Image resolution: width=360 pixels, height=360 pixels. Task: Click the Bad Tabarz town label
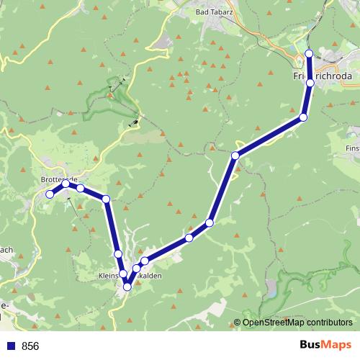coord(214,13)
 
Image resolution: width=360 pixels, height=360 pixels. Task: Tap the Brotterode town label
coord(60,180)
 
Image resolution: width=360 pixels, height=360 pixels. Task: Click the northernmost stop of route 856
coord(309,53)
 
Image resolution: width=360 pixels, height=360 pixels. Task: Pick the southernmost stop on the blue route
coord(127,287)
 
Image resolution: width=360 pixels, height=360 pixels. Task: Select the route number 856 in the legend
coord(31,346)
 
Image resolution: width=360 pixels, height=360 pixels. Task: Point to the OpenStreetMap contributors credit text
coord(297,323)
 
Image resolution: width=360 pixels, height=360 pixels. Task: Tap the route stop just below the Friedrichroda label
coord(310,83)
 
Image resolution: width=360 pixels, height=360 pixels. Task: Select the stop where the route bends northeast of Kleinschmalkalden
coord(235,156)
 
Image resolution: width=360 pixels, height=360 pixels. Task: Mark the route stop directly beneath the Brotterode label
coord(66,184)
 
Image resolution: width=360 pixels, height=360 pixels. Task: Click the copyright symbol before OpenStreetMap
coord(238,323)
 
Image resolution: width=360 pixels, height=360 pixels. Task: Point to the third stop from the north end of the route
coord(303,117)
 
